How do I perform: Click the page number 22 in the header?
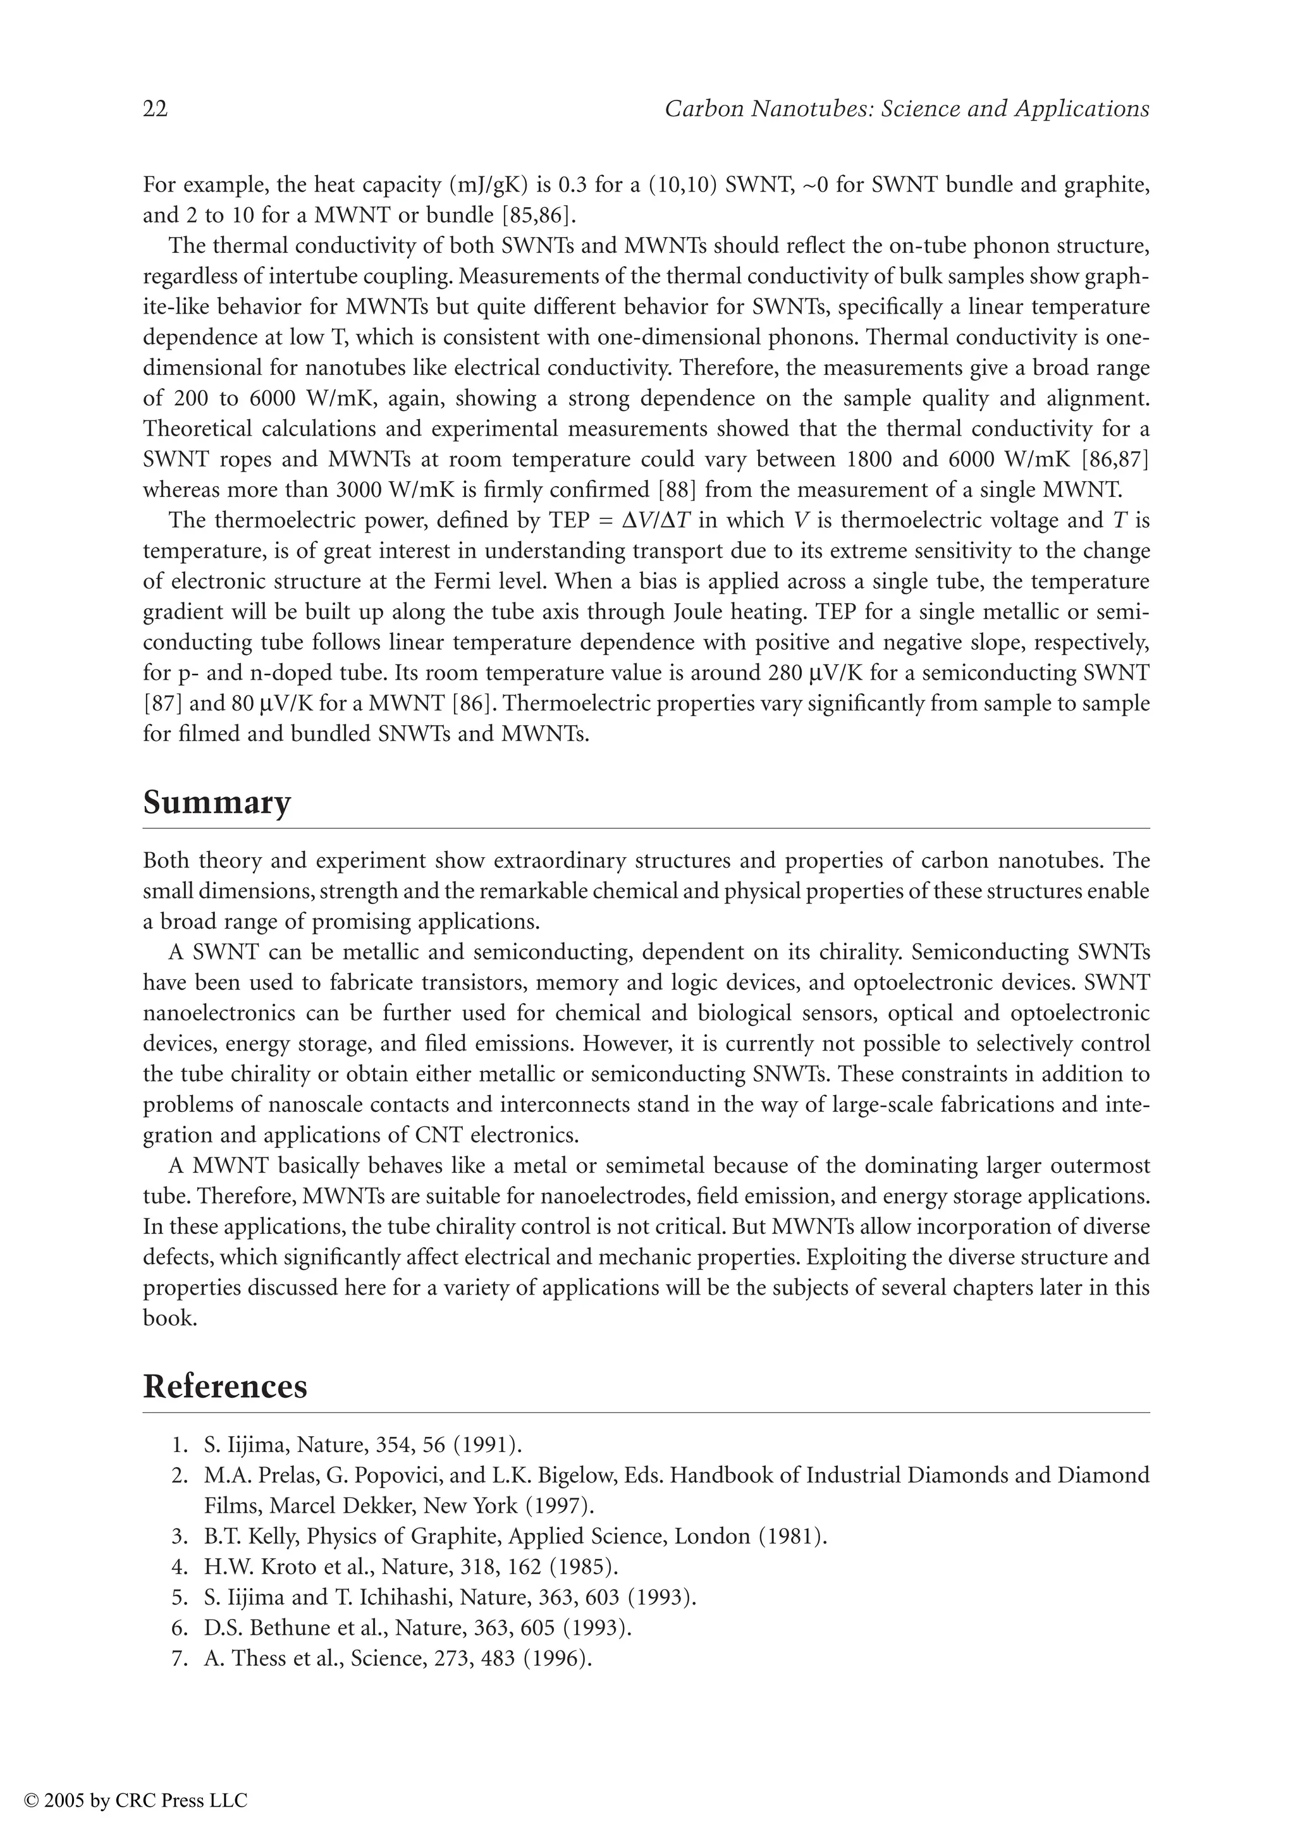click(x=156, y=109)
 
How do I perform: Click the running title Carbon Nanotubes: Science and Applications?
click(x=906, y=109)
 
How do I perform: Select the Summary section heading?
click(x=216, y=802)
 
